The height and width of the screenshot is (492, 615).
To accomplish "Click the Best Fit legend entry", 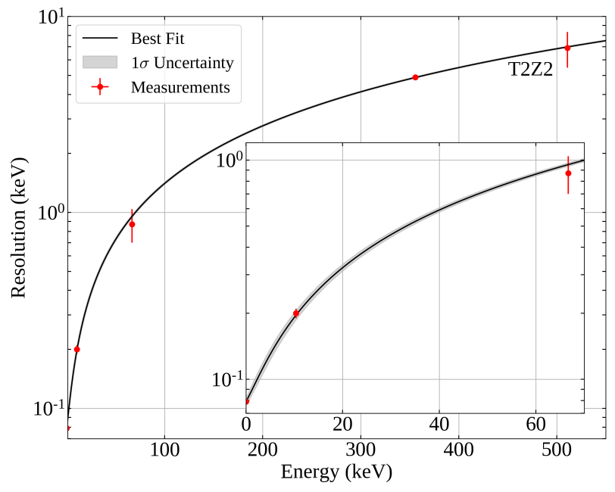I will click(x=157, y=38).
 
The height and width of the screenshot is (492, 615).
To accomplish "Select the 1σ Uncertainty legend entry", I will click(x=182, y=62).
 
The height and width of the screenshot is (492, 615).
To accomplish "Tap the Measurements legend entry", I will click(x=180, y=87).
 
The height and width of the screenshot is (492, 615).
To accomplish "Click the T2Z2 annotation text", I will click(x=530, y=71).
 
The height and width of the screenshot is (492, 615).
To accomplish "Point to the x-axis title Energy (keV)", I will click(x=336, y=473).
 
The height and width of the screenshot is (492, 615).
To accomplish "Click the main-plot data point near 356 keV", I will click(x=416, y=77).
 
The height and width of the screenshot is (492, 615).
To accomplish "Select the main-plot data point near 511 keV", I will click(x=567, y=48).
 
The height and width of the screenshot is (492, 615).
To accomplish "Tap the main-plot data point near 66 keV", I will click(x=132, y=224).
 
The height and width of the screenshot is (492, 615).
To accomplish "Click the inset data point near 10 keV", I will click(x=296, y=313).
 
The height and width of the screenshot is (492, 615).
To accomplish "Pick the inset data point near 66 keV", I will click(x=568, y=173).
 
